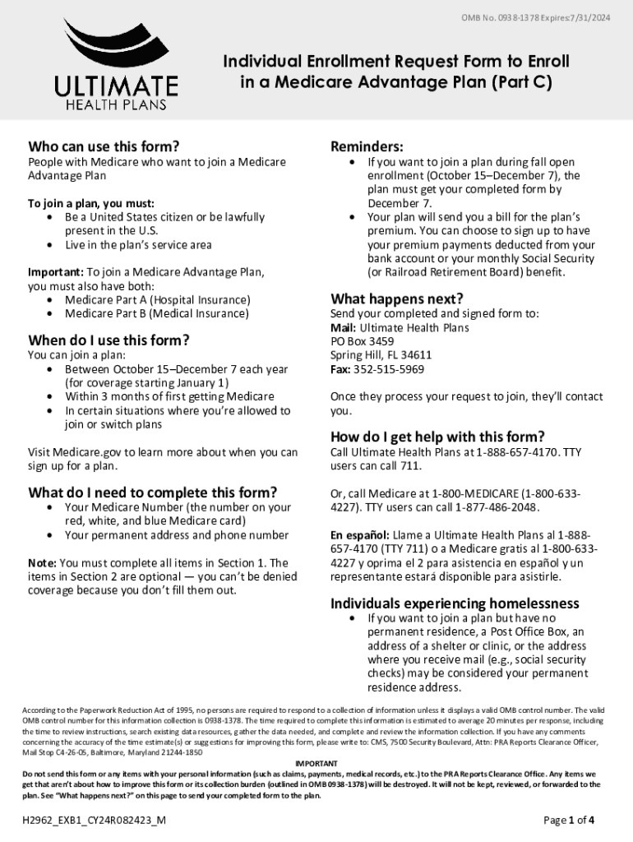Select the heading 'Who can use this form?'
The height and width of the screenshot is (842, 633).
coord(104,146)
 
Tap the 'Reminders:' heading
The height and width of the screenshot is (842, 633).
coord(367,146)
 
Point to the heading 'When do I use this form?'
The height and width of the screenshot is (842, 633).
coord(109,340)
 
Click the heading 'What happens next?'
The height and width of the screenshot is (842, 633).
coord(396,298)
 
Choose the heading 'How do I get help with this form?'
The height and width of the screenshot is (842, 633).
coord(437,437)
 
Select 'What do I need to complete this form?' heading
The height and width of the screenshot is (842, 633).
coord(152,493)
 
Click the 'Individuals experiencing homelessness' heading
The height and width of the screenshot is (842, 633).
coord(455,603)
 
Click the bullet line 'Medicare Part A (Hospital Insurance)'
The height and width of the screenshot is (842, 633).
coord(157,300)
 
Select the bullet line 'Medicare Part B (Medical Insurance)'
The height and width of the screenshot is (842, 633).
coord(156,313)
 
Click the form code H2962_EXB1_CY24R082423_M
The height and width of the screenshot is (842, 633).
coord(95,820)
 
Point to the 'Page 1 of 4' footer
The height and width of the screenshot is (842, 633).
coord(569,820)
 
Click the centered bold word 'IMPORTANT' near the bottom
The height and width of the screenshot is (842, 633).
coord(316,764)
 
